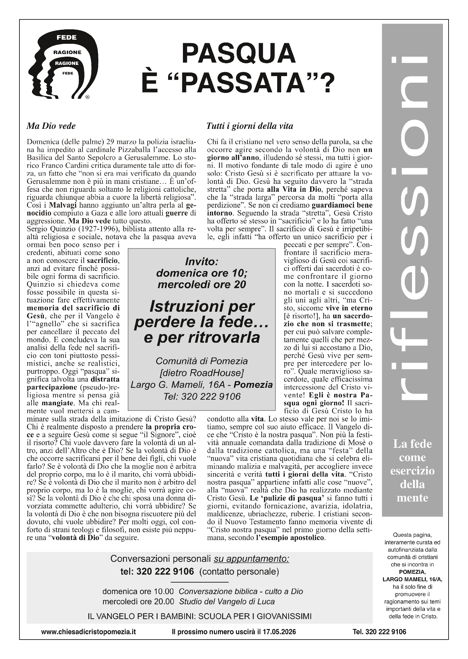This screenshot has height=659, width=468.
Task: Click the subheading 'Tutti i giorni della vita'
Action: pyautogui.click(x=249, y=126)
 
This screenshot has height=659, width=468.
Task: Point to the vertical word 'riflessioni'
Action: pyautogui.click(x=413, y=231)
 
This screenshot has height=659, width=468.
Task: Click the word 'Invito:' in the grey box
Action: pyautogui.click(x=201, y=262)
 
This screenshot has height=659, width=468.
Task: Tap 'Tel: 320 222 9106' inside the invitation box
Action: pyautogui.click(x=202, y=396)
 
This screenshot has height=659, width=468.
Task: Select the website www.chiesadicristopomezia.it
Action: pyautogui.click(x=88, y=632)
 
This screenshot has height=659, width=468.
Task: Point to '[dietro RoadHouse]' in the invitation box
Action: pyautogui.click(x=202, y=373)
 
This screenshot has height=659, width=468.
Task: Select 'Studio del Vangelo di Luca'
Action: pyautogui.click(x=227, y=601)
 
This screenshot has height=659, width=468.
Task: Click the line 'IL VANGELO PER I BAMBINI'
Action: pyautogui.click(x=199, y=616)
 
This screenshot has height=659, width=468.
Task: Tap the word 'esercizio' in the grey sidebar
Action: pyautogui.click(x=412, y=471)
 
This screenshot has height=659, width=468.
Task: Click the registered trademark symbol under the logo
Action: pyautogui.click(x=87, y=97)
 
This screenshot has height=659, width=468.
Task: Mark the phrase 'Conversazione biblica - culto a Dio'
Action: pyautogui.click(x=241, y=591)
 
